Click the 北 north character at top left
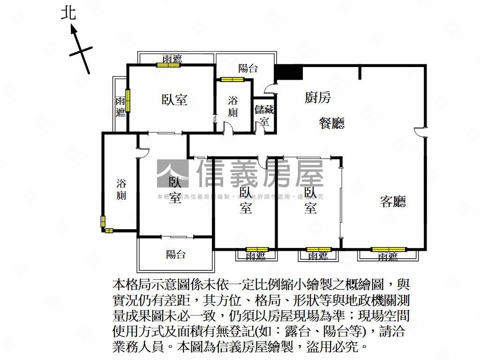click(x=68, y=13)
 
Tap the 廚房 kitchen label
click(x=318, y=97)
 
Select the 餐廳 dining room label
click(x=331, y=123)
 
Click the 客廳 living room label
click(x=393, y=202)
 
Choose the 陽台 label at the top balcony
click(x=247, y=68)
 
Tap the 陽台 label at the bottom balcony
click(x=176, y=255)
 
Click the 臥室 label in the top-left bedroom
click(x=174, y=99)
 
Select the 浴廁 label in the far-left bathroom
click(x=121, y=189)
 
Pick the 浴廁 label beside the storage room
click(x=233, y=106)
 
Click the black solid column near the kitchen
click(x=288, y=73)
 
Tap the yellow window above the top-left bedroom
click(x=168, y=65)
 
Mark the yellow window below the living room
click(x=388, y=249)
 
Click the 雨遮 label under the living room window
click(x=388, y=256)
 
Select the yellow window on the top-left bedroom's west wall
click(x=127, y=100)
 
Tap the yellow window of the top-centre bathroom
click(x=233, y=79)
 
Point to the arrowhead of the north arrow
click(x=74, y=30)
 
